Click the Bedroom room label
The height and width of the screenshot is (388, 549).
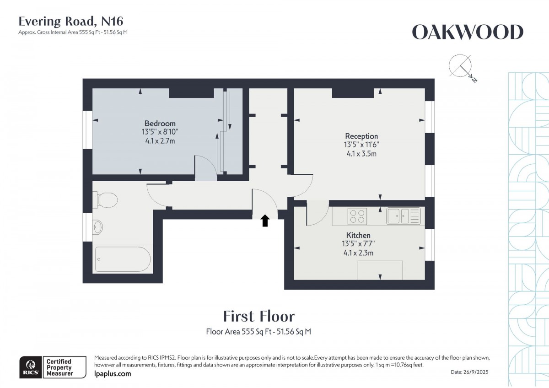pyautogui.click(x=160, y=124)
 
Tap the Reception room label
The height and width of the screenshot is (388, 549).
pyautogui.click(x=361, y=136)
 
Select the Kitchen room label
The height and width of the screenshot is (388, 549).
pyautogui.click(x=358, y=235)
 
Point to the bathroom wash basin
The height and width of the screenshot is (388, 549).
pyautogui.click(x=98, y=226)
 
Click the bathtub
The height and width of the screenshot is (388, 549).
pyautogui.click(x=121, y=259)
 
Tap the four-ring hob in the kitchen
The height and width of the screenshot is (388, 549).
pyautogui.click(x=357, y=216)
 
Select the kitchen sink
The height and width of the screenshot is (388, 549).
pyautogui.click(x=403, y=216)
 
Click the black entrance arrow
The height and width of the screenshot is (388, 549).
pyautogui.click(x=265, y=221)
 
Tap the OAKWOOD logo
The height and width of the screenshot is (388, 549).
pyautogui.click(x=468, y=32)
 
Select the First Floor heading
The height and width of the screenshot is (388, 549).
pyautogui.click(x=259, y=316)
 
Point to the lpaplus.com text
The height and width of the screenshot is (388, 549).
pyautogui.click(x=112, y=374)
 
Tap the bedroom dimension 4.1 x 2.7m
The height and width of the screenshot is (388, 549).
pyautogui.click(x=160, y=141)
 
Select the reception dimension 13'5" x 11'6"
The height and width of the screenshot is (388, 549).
pyautogui.click(x=361, y=145)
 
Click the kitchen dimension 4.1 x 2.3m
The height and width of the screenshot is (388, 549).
pyautogui.click(x=358, y=253)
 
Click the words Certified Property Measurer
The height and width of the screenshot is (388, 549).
pyautogui.click(x=59, y=367)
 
